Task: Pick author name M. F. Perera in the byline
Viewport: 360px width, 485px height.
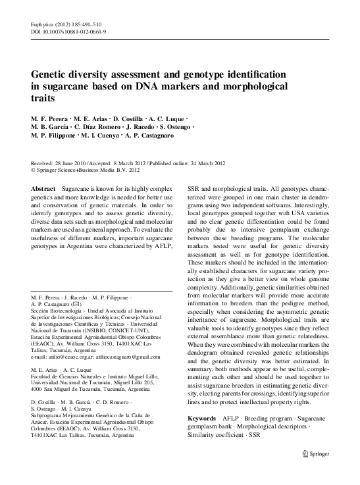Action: point(49,117)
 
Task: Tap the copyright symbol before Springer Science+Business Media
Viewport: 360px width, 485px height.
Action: point(34,170)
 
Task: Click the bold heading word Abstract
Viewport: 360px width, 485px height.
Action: point(43,189)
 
